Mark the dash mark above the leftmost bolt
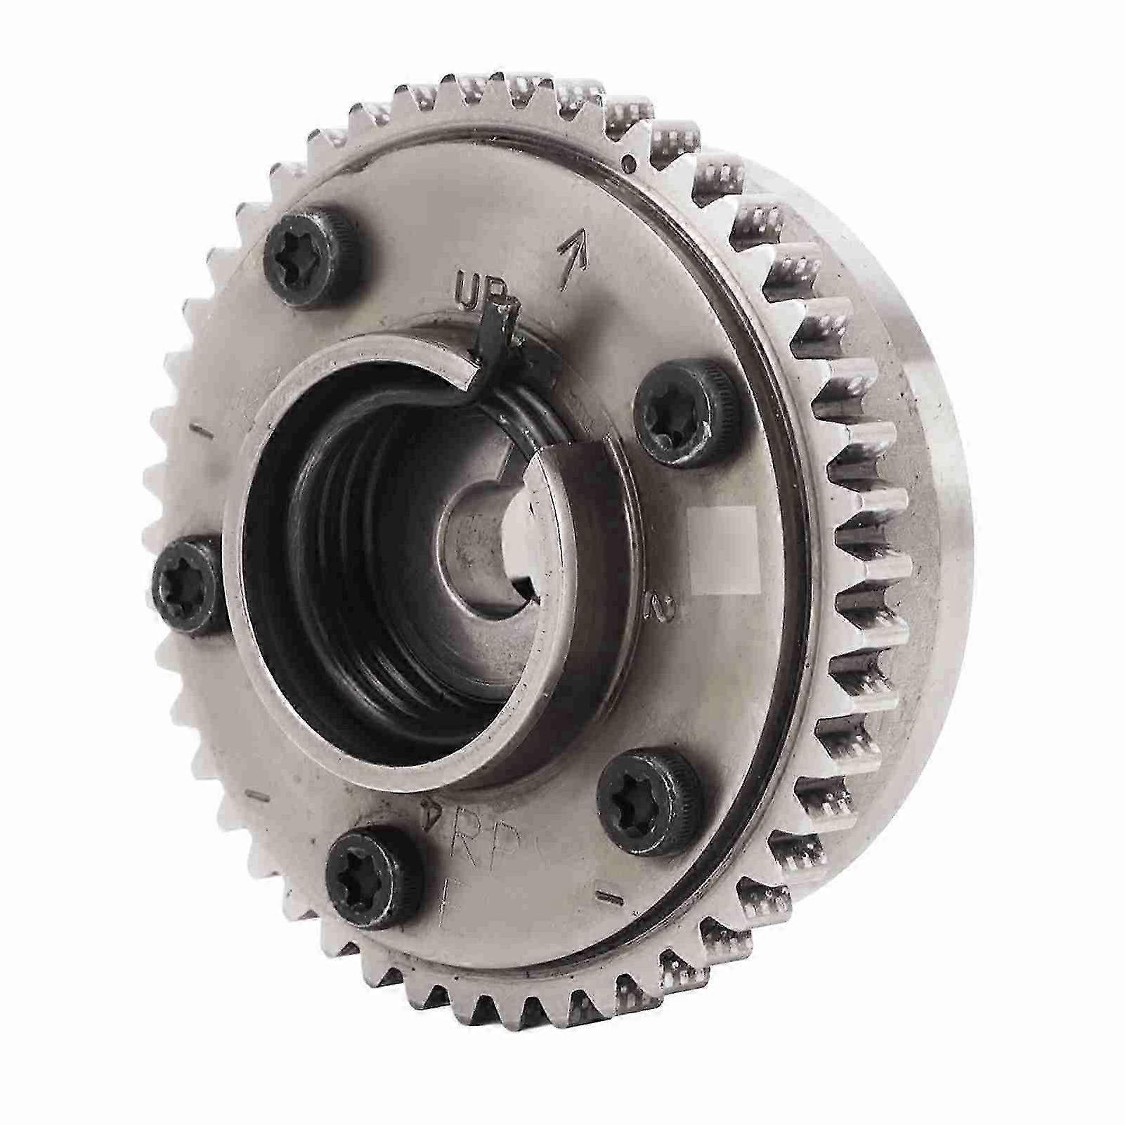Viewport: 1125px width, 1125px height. pyautogui.click(x=202, y=430)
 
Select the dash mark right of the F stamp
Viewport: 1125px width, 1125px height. pyautogui.click(x=606, y=895)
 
